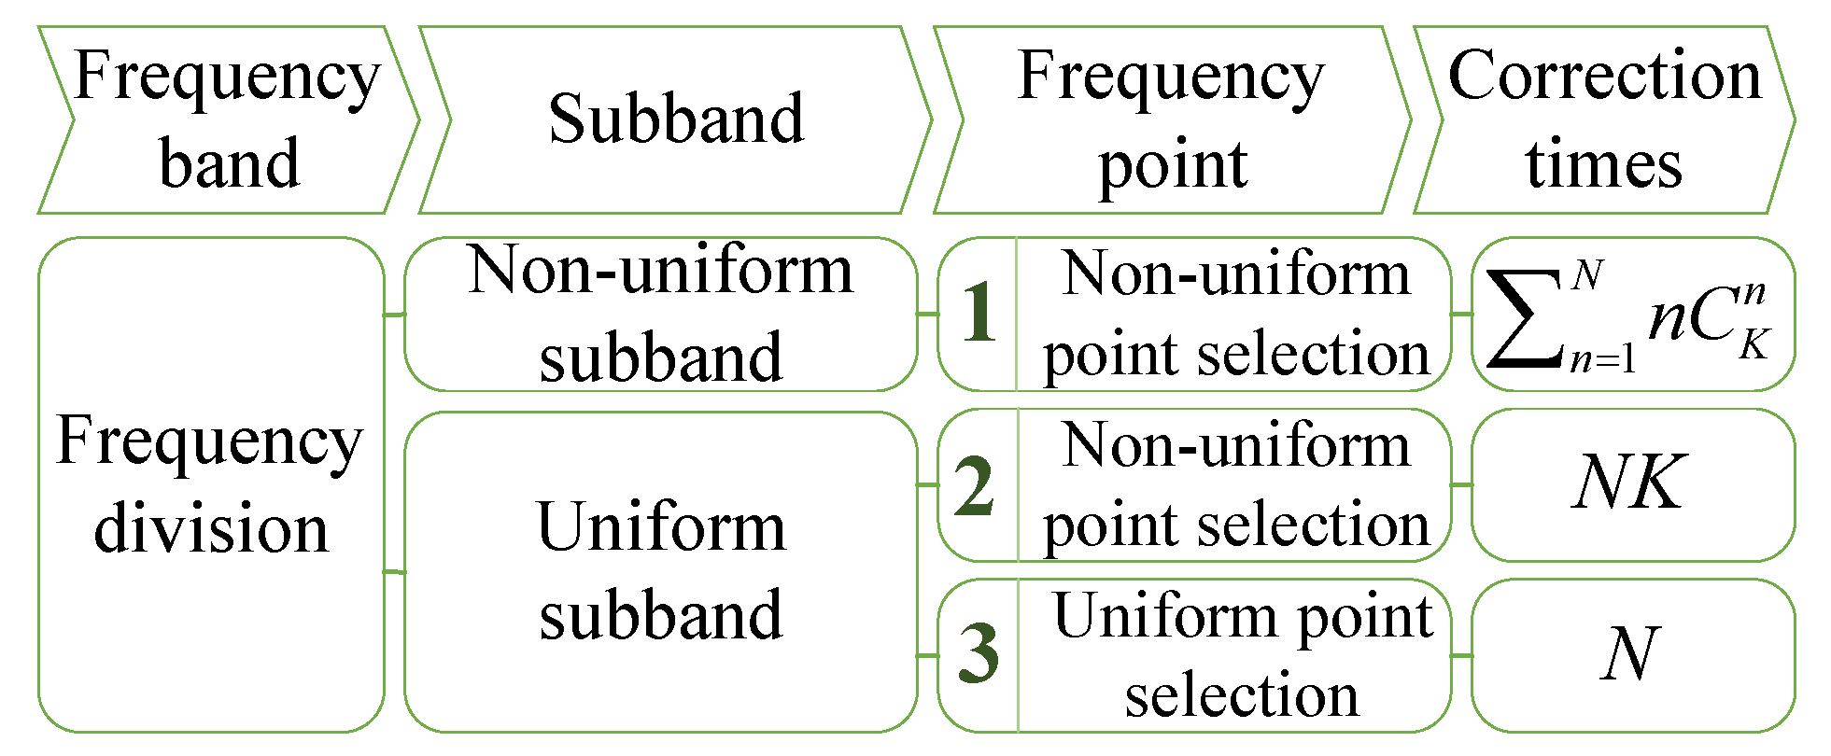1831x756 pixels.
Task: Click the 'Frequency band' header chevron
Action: point(229,119)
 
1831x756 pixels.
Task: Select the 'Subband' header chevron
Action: point(675,119)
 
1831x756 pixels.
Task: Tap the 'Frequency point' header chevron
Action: point(1172,119)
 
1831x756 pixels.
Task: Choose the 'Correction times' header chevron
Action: point(1604,119)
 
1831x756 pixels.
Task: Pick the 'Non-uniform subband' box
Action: point(661,314)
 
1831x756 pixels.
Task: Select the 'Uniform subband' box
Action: point(661,571)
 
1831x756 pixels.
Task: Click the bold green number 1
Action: point(979,314)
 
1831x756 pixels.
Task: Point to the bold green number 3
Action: point(978,654)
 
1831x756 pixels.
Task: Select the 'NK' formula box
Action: point(1632,483)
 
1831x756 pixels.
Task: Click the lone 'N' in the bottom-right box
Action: point(1629,654)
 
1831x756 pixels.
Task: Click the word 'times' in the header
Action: point(1604,164)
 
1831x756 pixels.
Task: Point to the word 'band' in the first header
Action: point(230,164)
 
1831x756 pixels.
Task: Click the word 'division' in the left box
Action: point(211,528)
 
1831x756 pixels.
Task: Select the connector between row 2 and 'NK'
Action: point(1461,485)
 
